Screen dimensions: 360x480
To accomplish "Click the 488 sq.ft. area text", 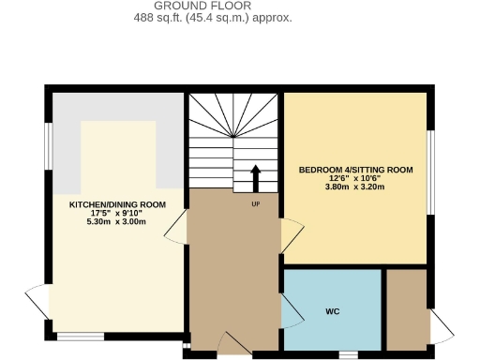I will click(x=213, y=18).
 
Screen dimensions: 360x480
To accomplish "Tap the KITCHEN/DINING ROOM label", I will click(x=118, y=204).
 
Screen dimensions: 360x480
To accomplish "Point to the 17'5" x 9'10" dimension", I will click(x=118, y=214).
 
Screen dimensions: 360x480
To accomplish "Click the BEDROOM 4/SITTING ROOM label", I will click(x=355, y=170).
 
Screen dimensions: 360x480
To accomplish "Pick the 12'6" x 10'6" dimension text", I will click(x=355, y=179).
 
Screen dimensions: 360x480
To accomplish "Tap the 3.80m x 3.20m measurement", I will click(x=355, y=187).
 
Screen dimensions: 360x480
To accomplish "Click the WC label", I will click(x=332, y=310).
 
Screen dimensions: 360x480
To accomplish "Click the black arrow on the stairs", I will click(x=255, y=176).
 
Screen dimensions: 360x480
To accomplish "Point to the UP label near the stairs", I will click(x=255, y=203).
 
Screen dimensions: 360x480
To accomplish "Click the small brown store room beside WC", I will click(x=405, y=309).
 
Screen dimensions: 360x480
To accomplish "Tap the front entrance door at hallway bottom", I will click(x=233, y=344).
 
